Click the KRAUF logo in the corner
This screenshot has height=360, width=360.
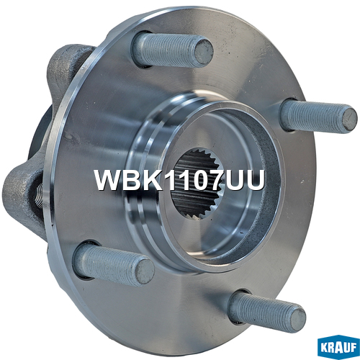pos(338,347)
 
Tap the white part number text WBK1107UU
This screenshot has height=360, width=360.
pos(180,180)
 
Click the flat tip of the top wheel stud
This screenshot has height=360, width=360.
pos(204,53)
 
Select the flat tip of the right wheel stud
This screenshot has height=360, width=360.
pos(349,120)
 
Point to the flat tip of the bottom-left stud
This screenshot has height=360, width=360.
pos(145,272)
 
